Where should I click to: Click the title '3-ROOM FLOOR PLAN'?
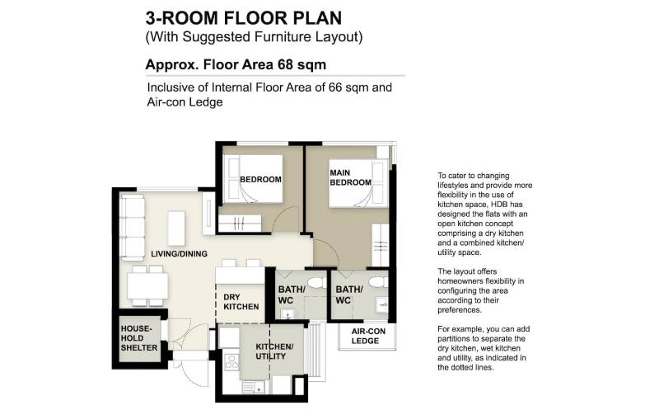pyautogui.click(x=244, y=18)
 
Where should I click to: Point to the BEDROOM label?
pyautogui.click(x=260, y=179)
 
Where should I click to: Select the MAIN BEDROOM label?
pyautogui.click(x=351, y=177)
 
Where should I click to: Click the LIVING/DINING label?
pyautogui.click(x=179, y=254)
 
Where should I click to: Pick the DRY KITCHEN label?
pyautogui.click(x=241, y=302)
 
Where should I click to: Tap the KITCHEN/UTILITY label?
pyautogui.click(x=274, y=351)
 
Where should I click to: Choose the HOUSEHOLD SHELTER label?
pyautogui.click(x=139, y=338)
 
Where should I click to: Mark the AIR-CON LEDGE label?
pyautogui.click(x=368, y=336)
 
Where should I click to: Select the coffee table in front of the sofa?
pyautogui.click(x=176, y=229)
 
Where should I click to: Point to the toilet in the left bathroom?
pyautogui.click(x=316, y=282)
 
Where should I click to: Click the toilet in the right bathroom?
pyautogui.click(x=378, y=282)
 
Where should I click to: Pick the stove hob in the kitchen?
pyautogui.click(x=231, y=362)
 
